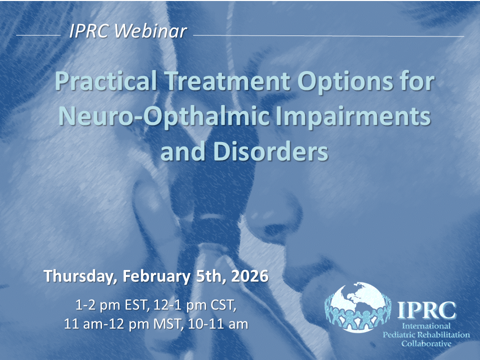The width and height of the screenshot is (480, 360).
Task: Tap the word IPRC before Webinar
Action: click(x=88, y=31)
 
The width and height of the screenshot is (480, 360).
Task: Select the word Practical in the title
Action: click(x=106, y=81)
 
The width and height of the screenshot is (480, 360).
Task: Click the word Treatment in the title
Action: click(x=228, y=81)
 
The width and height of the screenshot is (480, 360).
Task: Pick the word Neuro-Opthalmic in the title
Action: click(x=164, y=117)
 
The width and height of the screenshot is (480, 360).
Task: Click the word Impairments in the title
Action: click(x=353, y=117)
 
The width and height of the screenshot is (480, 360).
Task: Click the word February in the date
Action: click(x=156, y=276)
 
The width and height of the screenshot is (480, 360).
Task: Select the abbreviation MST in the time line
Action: click(x=168, y=324)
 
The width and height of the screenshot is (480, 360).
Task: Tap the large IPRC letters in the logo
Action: click(x=426, y=310)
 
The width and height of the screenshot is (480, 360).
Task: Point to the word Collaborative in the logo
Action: click(x=426, y=343)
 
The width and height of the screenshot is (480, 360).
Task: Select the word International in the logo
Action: click(x=426, y=325)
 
